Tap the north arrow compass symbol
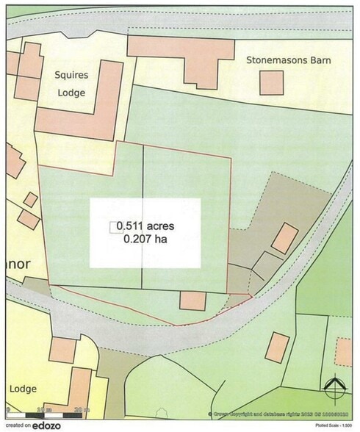click(x=336, y=389)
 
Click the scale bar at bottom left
click(x=48, y=409)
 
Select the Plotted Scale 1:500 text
click(x=333, y=426)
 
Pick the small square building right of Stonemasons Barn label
click(x=272, y=83)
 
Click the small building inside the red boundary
click(x=192, y=300)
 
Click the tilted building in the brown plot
click(x=284, y=238)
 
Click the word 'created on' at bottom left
click(x=18, y=425)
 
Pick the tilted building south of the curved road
click(x=277, y=347)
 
